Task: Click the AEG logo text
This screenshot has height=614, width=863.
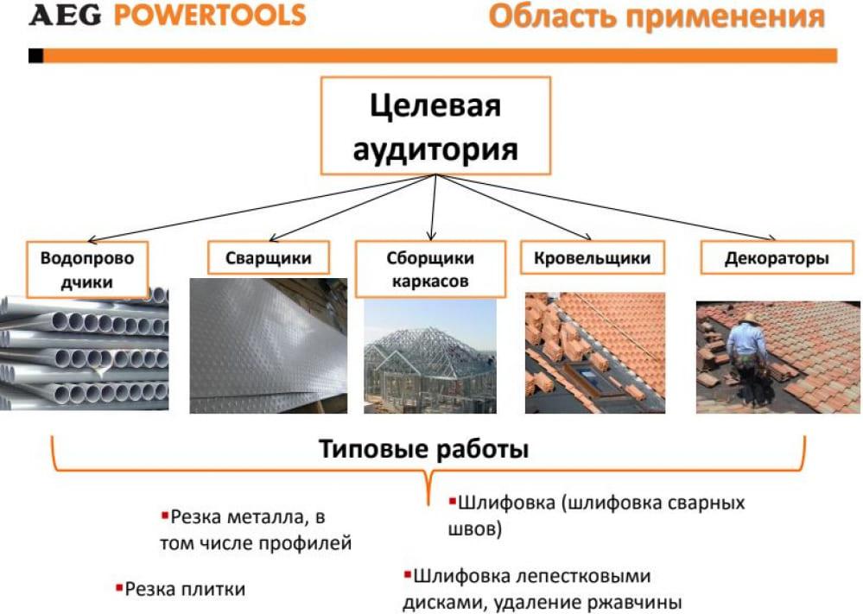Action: [65, 16]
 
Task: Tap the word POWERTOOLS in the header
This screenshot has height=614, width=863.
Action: [210, 16]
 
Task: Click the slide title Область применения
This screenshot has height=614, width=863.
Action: [657, 16]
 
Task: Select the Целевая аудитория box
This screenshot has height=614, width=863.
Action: [435, 126]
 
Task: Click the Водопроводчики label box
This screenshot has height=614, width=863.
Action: [87, 269]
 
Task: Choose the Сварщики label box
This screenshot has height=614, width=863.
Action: [269, 257]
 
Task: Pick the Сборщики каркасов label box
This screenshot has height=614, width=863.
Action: [430, 269]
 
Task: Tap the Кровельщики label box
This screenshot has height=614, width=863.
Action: [593, 257]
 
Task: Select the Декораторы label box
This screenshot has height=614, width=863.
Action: [777, 257]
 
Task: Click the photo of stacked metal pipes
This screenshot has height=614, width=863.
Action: [84, 349]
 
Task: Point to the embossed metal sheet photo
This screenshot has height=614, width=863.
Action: [269, 345]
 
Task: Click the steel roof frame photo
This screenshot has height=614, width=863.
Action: [430, 356]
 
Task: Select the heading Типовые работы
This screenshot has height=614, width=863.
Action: [424, 449]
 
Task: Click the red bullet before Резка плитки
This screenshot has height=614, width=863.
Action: [118, 588]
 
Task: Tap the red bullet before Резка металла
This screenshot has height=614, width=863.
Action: [164, 516]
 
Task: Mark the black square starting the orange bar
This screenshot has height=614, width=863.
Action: [35, 55]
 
